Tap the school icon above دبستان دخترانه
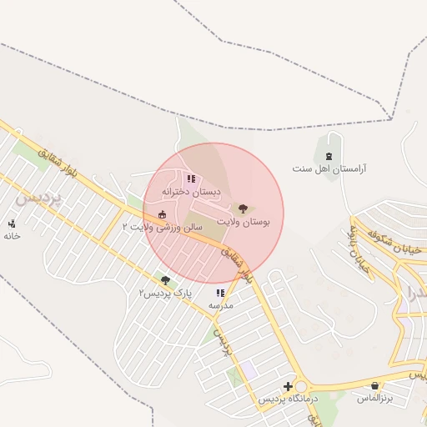[191, 178]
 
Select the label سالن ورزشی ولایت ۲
[163, 226]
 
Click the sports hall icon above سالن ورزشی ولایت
[162, 213]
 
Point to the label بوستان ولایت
[243, 222]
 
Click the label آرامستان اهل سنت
[329, 168]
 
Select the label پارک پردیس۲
[165, 294]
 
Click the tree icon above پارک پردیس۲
[165, 280]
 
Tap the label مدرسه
[220, 305]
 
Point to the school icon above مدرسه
[220, 293]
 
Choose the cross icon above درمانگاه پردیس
[288, 386]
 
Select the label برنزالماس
[374, 399]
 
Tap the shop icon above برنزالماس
[374, 385]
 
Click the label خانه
[12, 236]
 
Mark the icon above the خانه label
[12, 224]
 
